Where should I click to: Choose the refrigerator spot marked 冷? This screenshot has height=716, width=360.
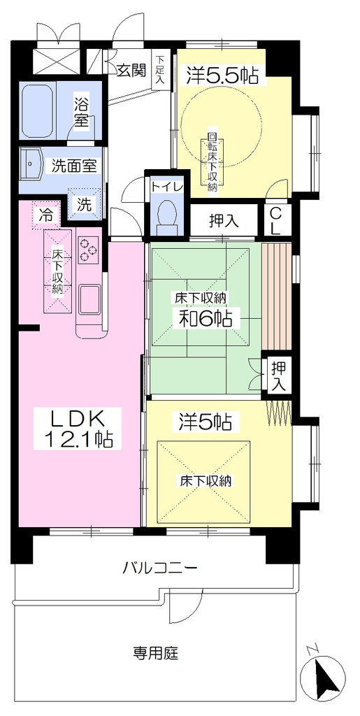coord(46,215)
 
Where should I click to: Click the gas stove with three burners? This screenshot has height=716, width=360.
coord(88,250)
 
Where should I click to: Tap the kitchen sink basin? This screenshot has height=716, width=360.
coord(90,299)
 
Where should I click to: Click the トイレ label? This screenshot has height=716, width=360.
coord(167,187)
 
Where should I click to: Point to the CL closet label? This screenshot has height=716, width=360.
coord(275,221)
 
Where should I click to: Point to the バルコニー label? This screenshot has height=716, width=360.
coord(160,568)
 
